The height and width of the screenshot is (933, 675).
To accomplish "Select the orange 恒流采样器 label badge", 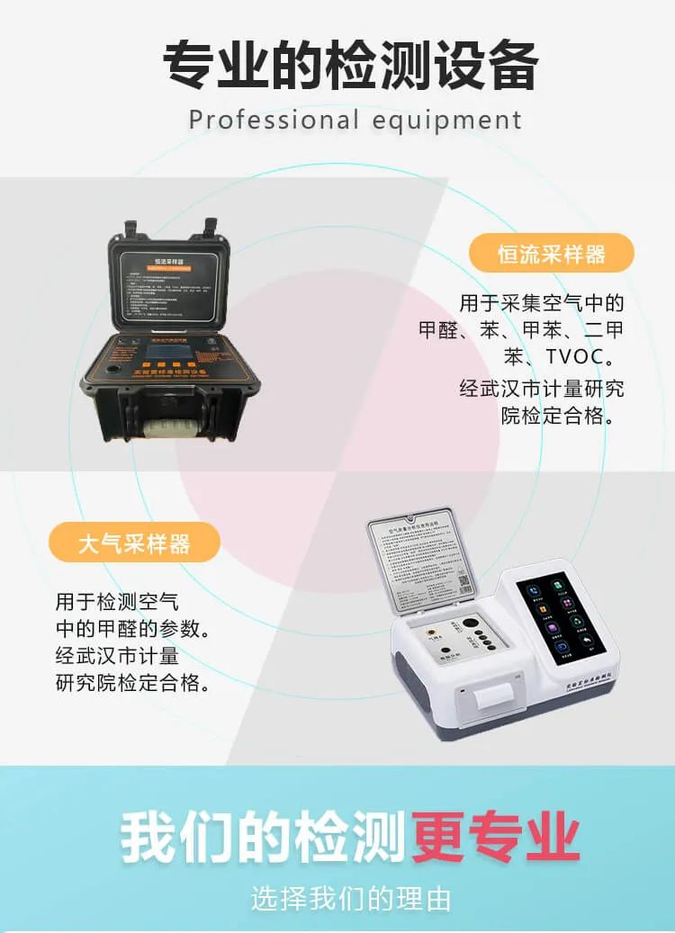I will click(x=552, y=254).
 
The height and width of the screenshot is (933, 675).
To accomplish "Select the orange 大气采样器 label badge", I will click(x=134, y=543).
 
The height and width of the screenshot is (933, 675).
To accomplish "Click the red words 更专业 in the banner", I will click(x=496, y=836).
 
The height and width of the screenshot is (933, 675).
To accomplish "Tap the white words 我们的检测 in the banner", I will click(x=263, y=836).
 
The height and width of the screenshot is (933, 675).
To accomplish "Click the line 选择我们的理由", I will click(x=351, y=897).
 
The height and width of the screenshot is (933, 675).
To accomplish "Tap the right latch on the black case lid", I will click(x=212, y=228).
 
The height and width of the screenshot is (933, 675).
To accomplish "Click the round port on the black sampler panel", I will click(x=114, y=369).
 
